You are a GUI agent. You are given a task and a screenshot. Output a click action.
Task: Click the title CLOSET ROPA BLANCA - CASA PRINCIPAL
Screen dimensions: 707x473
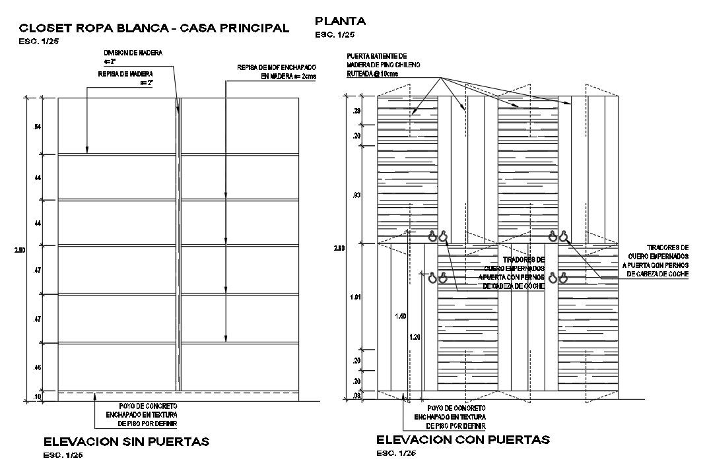coord(154,28)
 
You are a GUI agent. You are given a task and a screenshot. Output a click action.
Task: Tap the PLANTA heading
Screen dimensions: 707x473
coord(340,20)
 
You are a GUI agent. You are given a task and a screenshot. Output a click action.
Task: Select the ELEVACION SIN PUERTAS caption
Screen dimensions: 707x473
coord(126,441)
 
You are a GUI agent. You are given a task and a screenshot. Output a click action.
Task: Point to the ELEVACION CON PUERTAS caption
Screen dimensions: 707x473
coord(463,439)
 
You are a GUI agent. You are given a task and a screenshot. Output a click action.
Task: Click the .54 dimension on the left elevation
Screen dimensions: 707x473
coord(37,126)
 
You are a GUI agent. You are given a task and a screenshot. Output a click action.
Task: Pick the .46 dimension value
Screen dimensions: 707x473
coord(37,367)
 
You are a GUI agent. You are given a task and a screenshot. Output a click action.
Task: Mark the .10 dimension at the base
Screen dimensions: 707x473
coord(37,396)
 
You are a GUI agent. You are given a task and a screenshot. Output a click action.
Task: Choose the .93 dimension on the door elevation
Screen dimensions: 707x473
coord(356,195)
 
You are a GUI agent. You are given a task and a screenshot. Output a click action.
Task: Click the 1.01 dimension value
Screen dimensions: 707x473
coord(355,297)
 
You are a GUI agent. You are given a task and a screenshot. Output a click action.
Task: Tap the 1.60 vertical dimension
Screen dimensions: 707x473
coord(399,317)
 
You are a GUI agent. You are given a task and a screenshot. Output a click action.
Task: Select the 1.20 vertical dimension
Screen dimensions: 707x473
coord(415,336)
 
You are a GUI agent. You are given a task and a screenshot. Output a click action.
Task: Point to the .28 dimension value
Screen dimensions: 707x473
coord(356,111)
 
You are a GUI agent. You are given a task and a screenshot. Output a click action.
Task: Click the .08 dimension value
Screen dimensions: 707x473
coord(356,396)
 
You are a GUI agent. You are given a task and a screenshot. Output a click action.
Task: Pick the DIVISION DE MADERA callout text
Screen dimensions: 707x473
coord(133,52)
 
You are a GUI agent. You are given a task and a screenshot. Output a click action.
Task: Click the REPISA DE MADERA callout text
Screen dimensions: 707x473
coord(125,73)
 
